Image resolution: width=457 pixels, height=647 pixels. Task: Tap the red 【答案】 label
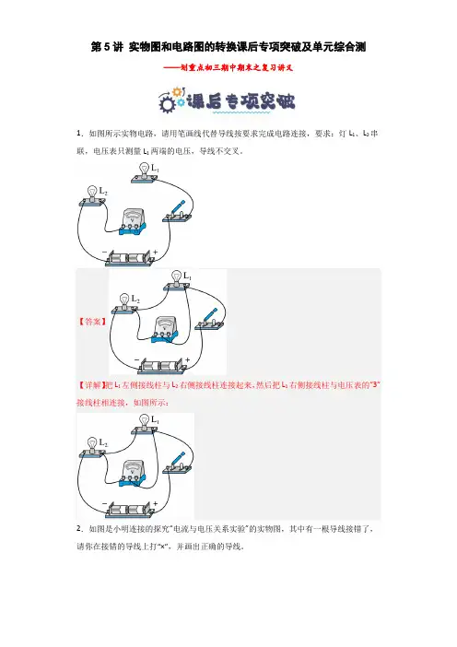click(92, 322)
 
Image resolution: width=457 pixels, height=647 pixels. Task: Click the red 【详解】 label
click(90, 385)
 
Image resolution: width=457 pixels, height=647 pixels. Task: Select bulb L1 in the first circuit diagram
click(145, 173)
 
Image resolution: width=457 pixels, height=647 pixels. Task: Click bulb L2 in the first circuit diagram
click(92, 196)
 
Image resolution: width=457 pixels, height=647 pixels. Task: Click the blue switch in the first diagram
click(178, 212)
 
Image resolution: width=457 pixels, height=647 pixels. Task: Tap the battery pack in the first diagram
click(130, 258)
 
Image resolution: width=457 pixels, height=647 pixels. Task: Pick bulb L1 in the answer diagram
click(177, 281)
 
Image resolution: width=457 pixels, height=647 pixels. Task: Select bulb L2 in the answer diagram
click(124, 304)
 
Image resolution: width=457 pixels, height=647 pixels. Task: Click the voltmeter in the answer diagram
click(165, 330)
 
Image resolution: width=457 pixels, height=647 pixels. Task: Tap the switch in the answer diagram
click(210, 319)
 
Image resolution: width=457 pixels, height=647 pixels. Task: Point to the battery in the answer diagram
click(162, 366)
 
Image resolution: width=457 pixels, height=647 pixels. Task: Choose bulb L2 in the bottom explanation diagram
click(92, 448)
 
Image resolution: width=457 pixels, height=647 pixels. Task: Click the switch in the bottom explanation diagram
click(178, 463)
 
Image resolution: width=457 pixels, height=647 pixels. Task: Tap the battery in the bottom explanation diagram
click(130, 510)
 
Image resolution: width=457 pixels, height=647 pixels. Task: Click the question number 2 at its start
click(79, 529)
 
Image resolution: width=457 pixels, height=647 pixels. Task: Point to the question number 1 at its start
click(79, 134)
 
